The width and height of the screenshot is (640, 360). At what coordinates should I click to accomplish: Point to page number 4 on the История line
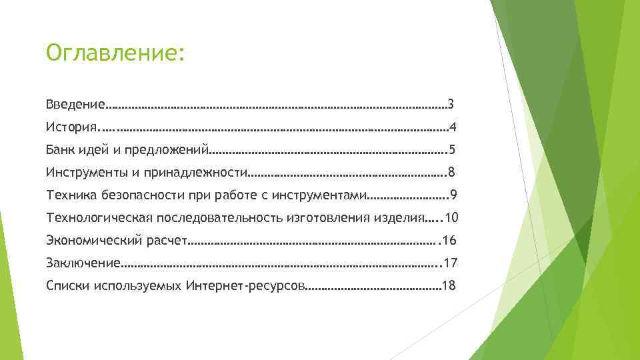tap(453, 127)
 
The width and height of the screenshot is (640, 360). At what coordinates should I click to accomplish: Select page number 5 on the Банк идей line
tap(452, 149)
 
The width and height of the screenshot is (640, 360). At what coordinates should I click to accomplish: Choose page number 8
tap(452, 173)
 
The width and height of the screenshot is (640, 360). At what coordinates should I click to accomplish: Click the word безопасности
tap(142, 195)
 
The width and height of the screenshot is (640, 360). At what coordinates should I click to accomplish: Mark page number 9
tap(453, 195)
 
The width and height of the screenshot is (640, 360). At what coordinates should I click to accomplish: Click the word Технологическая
tap(99, 218)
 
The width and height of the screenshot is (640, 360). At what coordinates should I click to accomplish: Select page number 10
tap(451, 218)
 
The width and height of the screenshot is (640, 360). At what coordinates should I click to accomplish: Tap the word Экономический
tap(95, 241)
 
